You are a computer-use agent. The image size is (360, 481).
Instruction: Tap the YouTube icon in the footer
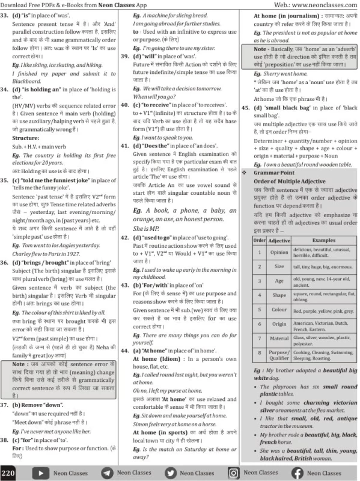coord(40,473)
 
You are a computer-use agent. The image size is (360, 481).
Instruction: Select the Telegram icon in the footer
coord(106,473)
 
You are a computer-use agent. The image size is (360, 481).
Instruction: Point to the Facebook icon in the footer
coord(297,473)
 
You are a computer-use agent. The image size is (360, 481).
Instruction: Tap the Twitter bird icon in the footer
coord(171,473)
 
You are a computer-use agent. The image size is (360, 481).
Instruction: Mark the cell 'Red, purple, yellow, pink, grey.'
coord(323,311)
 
